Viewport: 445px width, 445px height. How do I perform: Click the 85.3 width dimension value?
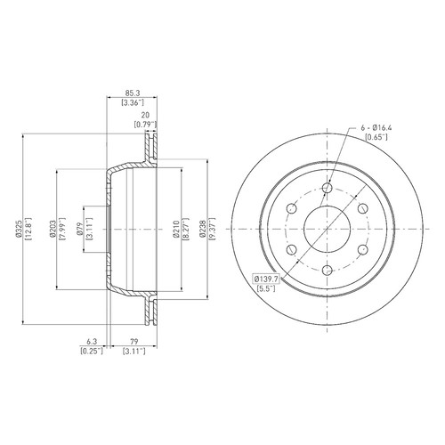133,93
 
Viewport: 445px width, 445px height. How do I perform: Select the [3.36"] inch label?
133,102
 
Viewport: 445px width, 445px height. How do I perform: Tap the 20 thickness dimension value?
145,115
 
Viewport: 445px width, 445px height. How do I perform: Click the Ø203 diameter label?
53,229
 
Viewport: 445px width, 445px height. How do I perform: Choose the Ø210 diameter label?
177,229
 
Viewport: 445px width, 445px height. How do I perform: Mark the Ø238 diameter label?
203,229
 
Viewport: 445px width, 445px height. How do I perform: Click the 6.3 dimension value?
93,342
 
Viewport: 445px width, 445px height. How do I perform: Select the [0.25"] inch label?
92,352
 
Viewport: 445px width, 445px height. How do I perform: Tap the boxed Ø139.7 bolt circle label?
266,279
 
